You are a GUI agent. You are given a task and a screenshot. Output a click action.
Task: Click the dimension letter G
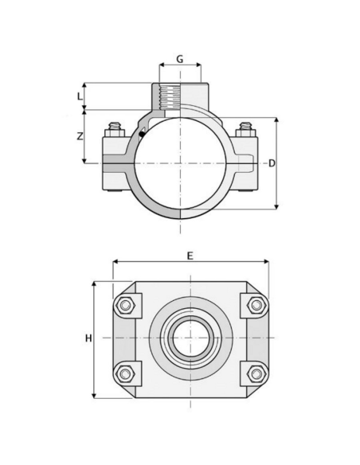tap(180, 60)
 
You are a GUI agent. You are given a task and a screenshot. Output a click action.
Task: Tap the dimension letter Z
tap(79, 136)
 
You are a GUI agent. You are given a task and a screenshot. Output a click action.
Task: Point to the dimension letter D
tap(272, 163)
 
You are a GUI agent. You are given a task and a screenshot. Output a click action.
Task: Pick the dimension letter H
tap(88, 338)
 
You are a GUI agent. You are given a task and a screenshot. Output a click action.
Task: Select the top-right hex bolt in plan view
tap(255, 305)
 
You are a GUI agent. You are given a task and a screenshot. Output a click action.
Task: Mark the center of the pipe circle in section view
tap(181, 163)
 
